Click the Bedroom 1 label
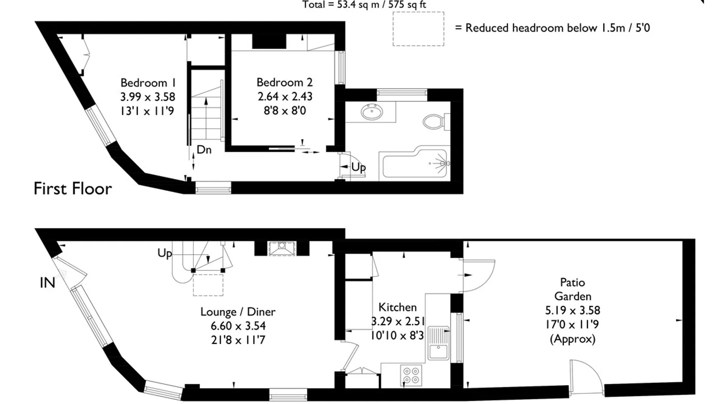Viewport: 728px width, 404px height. tap(148, 83)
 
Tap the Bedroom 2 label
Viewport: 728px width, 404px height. tap(285, 82)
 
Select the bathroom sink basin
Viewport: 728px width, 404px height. tap(372, 112)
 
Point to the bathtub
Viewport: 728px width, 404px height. tap(415, 164)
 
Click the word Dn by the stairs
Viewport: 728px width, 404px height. tap(204, 150)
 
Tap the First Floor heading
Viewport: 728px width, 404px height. tap(73, 189)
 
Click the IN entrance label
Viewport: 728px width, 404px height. tap(47, 283)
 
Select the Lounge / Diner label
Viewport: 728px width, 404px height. tap(238, 312)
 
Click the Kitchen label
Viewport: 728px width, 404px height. tap(398, 307)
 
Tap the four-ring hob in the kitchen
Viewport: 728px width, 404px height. tap(411, 375)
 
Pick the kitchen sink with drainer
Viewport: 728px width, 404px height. tap(438, 343)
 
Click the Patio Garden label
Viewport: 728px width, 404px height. tap(573, 289)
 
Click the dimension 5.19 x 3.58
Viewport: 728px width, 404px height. tap(573, 310)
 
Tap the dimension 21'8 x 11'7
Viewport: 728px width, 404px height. tap(238, 340)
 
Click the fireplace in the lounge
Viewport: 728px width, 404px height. tap(282, 248)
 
